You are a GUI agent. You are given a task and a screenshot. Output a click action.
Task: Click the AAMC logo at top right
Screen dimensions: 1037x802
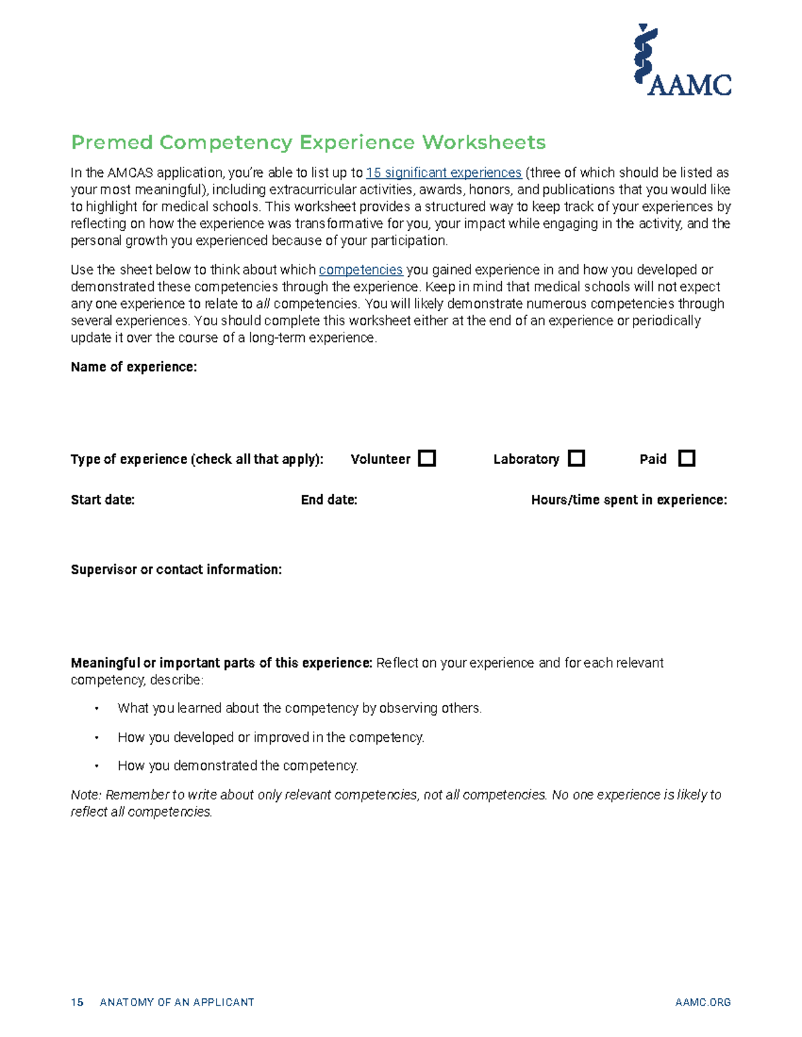point(682,60)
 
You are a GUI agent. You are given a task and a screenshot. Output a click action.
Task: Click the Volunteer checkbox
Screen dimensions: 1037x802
point(426,459)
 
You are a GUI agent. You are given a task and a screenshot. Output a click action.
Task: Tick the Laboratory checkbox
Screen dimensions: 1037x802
point(576,459)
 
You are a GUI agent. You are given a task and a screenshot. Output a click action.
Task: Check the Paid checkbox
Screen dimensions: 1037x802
point(686,459)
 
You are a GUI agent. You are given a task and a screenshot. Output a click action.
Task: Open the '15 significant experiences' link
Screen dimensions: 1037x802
point(444,173)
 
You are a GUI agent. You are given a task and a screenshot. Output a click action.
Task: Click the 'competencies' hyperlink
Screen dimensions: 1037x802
point(360,270)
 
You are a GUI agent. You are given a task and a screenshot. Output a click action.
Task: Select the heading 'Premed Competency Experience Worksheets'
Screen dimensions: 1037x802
point(308,142)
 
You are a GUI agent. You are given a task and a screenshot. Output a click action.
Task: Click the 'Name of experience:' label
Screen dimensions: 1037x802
point(134,367)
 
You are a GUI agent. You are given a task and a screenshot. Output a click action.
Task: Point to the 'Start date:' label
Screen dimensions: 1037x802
point(103,500)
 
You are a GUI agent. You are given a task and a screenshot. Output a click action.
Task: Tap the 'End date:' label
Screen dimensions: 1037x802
point(329,500)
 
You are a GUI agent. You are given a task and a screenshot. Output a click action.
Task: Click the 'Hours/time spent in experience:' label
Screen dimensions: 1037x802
point(628,500)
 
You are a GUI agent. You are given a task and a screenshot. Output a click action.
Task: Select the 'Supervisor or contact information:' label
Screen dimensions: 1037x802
point(176,570)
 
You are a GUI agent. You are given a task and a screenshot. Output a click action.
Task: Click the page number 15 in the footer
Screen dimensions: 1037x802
point(77,1002)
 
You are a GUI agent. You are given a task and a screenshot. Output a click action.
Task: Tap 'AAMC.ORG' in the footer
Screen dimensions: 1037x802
point(702,1002)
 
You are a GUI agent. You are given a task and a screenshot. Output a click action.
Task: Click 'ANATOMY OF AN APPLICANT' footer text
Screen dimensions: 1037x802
point(176,1002)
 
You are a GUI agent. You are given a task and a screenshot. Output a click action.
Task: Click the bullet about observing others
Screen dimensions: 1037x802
point(299,708)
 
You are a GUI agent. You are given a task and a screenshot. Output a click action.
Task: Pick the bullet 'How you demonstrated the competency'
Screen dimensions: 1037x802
point(237,766)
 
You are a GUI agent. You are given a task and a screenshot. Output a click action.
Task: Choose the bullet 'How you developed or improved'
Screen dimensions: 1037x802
point(271,737)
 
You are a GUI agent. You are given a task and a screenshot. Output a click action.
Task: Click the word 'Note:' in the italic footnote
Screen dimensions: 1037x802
point(86,795)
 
